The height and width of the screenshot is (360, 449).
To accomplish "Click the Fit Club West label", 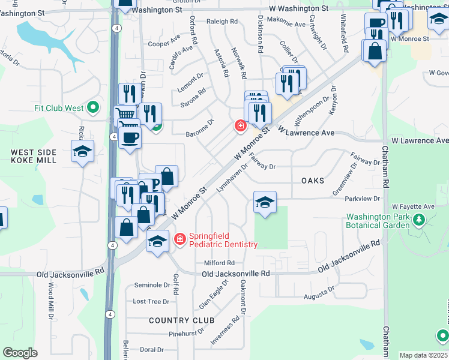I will (58, 108).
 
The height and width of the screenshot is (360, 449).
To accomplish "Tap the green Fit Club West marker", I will (92, 108).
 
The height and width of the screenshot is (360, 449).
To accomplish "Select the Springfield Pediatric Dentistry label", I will (223, 240).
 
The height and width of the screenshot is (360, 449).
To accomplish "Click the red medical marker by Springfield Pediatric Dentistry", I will (179, 240).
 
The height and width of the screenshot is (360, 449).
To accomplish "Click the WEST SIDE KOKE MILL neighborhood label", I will (34, 157).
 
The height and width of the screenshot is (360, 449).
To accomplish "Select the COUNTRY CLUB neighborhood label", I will (178, 320).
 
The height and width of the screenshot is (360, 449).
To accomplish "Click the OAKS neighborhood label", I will (313, 181).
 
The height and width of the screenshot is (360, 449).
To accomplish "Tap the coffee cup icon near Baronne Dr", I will (130, 137).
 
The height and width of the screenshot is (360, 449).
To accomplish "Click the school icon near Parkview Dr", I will (265, 202).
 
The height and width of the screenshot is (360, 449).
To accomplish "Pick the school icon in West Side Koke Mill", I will (82, 151).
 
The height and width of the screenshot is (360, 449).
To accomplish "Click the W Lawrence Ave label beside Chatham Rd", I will (420, 140).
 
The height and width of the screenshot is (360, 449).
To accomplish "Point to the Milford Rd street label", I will (219, 263).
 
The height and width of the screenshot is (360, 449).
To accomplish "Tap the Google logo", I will (20, 353).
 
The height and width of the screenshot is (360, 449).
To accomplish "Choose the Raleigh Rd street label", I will (222, 21).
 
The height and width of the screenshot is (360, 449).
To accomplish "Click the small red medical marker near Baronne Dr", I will (240, 125).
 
